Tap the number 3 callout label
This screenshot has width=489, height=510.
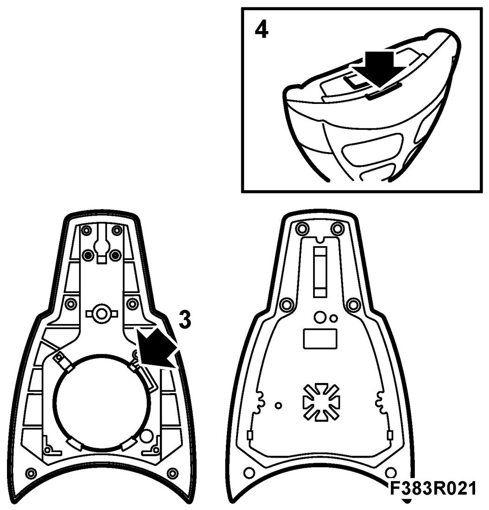[x=184, y=320]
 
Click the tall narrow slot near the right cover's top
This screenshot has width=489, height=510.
[x=320, y=271]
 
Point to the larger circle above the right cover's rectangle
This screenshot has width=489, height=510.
[x=319, y=317]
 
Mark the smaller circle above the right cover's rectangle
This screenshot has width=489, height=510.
[x=333, y=318]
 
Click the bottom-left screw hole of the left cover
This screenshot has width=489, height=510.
[x=31, y=473]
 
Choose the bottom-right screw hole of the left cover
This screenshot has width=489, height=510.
[x=173, y=473]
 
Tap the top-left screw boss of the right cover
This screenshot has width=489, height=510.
[x=302, y=229]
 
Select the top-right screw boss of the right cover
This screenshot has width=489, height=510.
[x=337, y=229]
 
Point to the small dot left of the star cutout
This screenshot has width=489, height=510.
[x=278, y=405]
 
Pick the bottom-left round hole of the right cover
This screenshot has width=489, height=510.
[x=248, y=472]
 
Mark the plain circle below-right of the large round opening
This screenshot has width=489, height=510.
[x=147, y=435]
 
